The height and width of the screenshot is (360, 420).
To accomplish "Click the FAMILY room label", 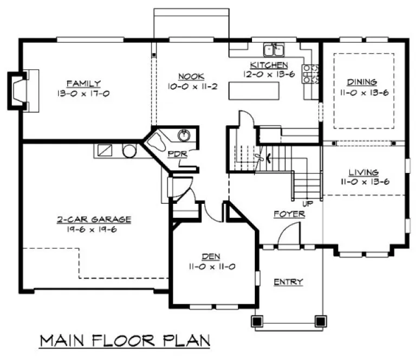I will (x=83, y=83).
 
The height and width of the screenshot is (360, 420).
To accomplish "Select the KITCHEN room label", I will (x=269, y=65).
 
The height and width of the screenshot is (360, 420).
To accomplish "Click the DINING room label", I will (x=362, y=82).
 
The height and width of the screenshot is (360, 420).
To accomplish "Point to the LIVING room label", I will (x=364, y=172).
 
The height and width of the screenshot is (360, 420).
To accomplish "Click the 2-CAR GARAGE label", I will (x=94, y=219).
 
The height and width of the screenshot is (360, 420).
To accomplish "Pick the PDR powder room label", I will (x=177, y=154).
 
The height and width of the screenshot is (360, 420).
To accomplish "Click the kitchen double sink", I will (x=274, y=51).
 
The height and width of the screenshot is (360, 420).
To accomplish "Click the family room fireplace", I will (x=20, y=90).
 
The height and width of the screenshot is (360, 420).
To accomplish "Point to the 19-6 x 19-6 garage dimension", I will (x=94, y=229).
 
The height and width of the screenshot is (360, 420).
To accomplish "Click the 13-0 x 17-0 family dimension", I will (x=83, y=93).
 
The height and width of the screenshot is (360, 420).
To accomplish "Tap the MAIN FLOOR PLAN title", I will (x=124, y=340).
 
